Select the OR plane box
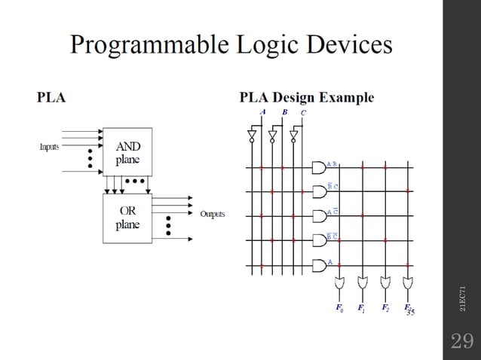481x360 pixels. (127, 217)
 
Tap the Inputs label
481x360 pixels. (50, 147)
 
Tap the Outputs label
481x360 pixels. (212, 214)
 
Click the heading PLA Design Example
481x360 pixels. (306, 97)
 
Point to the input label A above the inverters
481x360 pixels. (262, 112)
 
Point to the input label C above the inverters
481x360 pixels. (303, 113)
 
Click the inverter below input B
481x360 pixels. (273, 136)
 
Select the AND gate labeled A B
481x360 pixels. (318, 166)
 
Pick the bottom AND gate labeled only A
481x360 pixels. (318, 264)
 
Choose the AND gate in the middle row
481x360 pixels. (318, 215)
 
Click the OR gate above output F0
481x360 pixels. (340, 285)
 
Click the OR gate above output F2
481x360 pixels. (385, 285)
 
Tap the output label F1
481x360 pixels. (363, 308)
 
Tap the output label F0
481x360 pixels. (339, 308)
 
